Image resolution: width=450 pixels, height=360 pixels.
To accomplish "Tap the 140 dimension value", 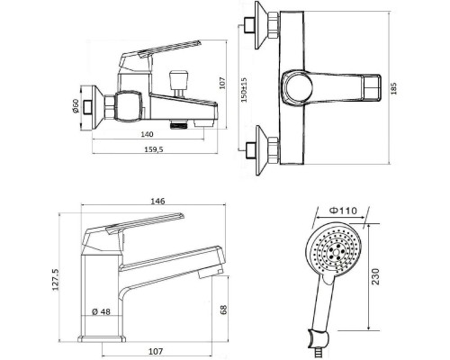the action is (147, 134).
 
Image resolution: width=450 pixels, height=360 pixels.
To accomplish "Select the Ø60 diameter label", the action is (76, 106).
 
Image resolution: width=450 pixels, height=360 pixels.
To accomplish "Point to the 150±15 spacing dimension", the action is (244, 90).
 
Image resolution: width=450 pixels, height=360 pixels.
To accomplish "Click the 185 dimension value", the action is (394, 89).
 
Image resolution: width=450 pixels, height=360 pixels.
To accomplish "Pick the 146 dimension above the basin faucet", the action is (157, 201).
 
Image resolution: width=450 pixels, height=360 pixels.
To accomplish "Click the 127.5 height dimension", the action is (56, 280).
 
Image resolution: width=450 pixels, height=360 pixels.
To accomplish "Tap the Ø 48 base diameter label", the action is (102, 311).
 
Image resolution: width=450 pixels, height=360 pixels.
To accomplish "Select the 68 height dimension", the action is (224, 310).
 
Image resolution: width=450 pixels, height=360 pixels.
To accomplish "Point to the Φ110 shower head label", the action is (344, 211).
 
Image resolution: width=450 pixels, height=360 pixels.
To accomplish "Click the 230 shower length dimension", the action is (375, 276).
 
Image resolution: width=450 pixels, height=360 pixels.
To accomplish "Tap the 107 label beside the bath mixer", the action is (222, 83).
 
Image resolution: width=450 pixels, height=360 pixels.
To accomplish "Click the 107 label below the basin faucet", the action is (156, 351).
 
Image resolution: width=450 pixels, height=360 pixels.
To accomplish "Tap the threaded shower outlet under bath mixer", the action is (179, 124).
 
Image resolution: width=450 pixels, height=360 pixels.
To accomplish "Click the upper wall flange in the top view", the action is (262, 25).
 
